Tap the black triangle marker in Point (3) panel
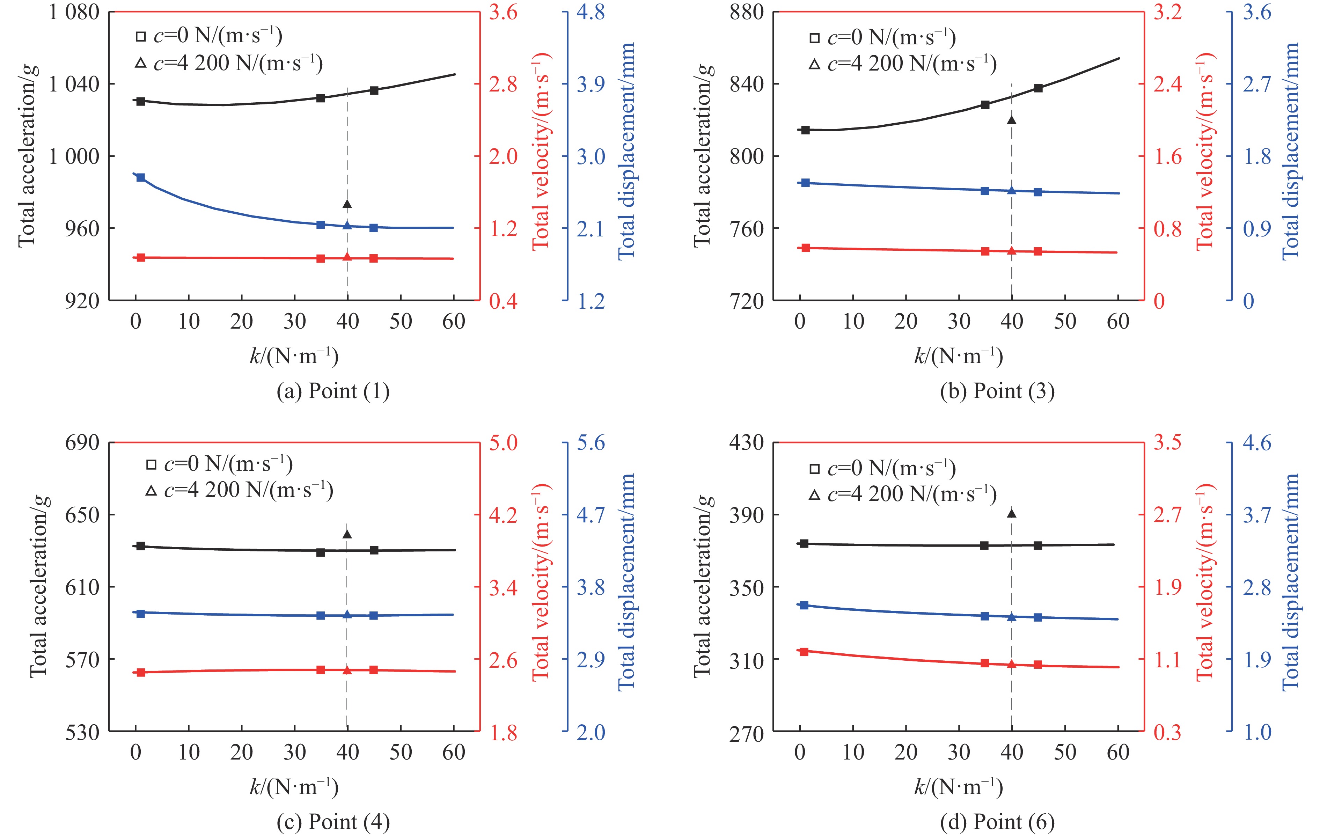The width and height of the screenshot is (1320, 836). [1011, 119]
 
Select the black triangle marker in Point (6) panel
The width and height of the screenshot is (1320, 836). [1011, 513]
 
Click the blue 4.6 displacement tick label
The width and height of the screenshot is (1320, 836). [1256, 442]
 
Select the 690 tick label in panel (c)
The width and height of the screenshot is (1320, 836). [82, 442]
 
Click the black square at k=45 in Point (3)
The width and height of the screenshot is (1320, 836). [1038, 88]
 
